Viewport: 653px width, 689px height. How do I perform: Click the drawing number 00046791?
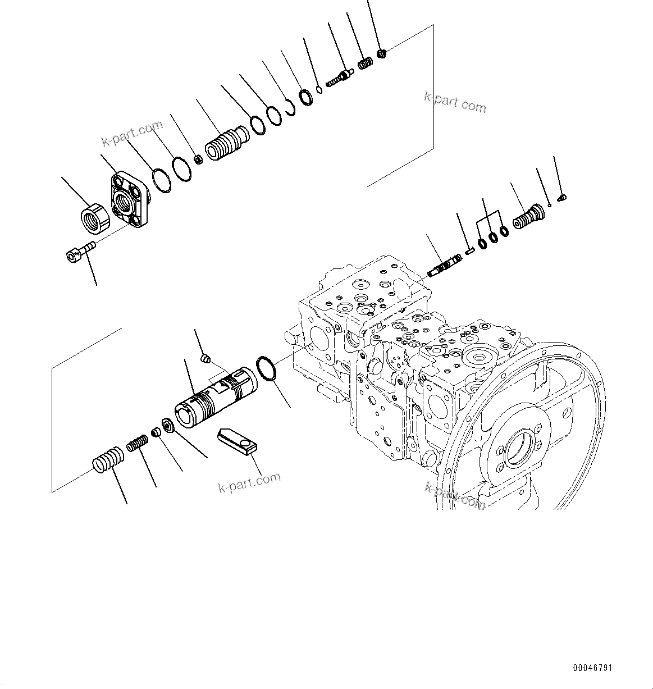point(592,668)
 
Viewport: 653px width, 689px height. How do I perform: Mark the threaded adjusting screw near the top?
point(339,76)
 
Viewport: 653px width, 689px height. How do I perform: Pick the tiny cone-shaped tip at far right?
point(562,197)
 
